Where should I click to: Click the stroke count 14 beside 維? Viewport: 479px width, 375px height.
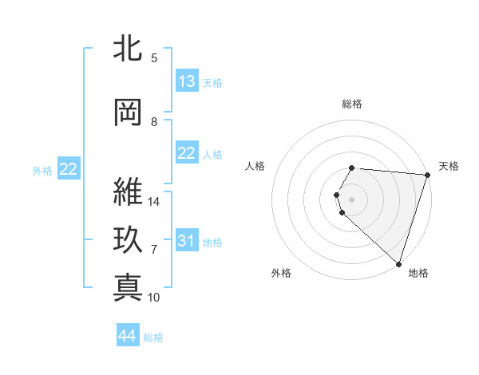pos(155,202)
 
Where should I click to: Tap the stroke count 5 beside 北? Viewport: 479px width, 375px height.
pos(154,58)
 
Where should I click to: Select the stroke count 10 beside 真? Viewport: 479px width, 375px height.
pos(155,298)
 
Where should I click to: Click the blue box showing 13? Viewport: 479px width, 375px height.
pos(187,81)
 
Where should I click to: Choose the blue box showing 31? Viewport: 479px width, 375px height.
pos(187,240)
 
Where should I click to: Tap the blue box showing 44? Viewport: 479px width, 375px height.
pos(128,336)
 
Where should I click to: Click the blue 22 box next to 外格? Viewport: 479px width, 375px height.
pos(69,169)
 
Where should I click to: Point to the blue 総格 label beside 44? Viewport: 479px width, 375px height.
pos(153,337)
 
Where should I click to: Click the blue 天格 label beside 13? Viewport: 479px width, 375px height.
pos(212,82)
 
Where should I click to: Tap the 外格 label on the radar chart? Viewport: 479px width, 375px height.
pos(281,273)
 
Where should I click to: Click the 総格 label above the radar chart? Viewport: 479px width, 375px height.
pos(352,104)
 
